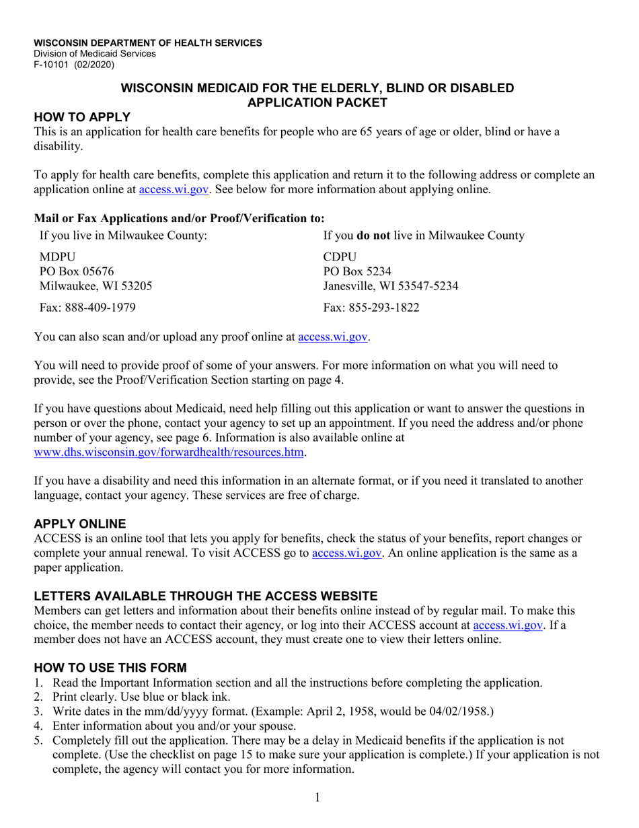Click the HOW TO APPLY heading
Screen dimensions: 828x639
[81, 117]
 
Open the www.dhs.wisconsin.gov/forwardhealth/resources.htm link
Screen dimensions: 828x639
[170, 452]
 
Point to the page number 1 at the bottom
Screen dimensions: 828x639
[317, 798]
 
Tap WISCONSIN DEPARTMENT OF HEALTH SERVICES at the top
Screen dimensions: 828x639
[148, 43]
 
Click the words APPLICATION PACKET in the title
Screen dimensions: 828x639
[317, 102]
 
